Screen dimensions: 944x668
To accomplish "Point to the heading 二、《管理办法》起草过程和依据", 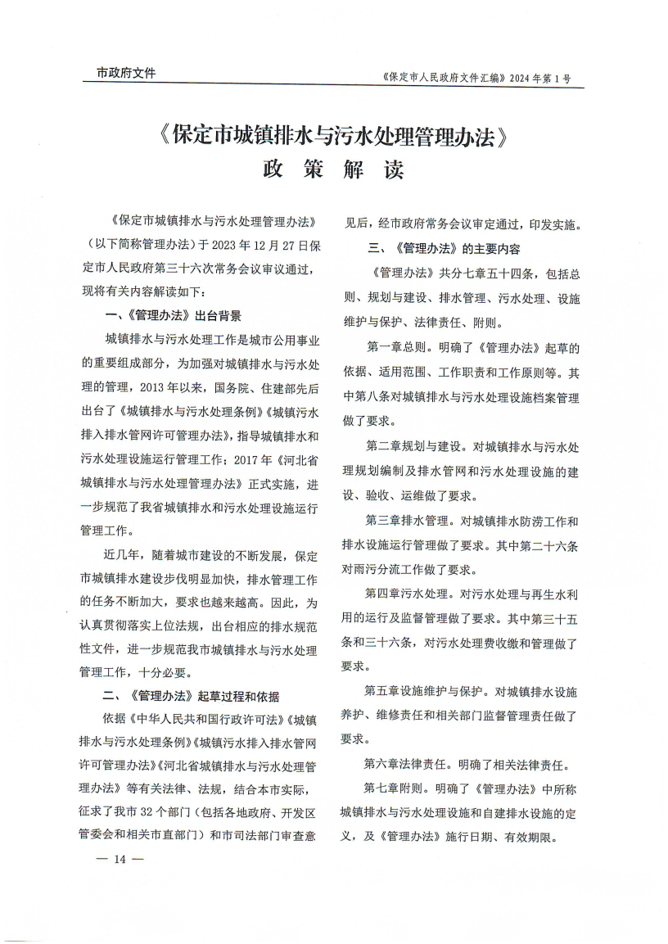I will (192, 697).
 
